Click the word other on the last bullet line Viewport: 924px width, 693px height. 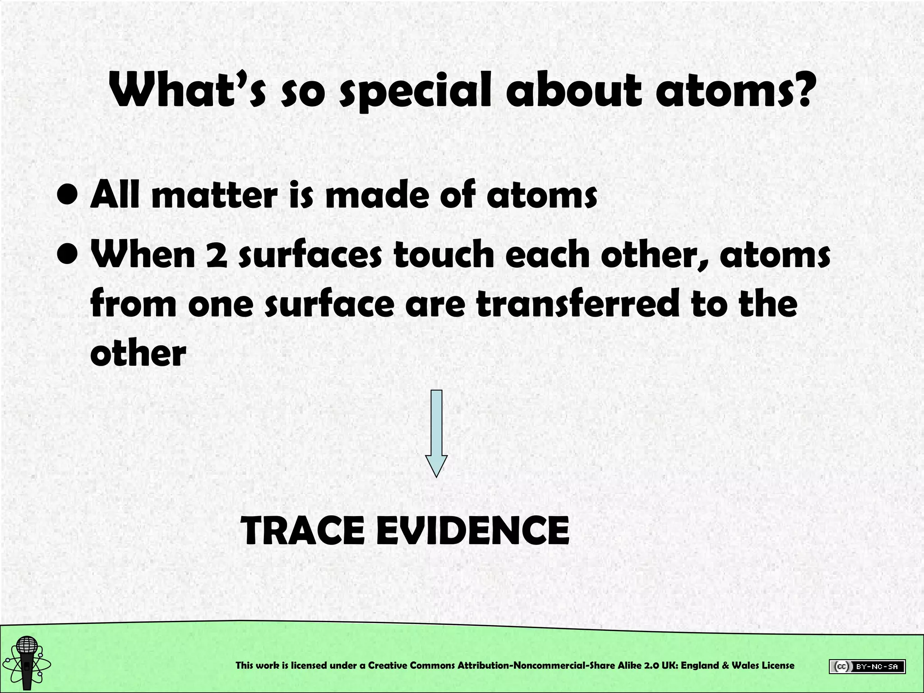(138, 352)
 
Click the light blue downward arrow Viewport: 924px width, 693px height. (436, 433)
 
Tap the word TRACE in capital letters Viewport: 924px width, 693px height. (303, 531)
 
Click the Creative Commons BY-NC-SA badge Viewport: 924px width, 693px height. (867, 666)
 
